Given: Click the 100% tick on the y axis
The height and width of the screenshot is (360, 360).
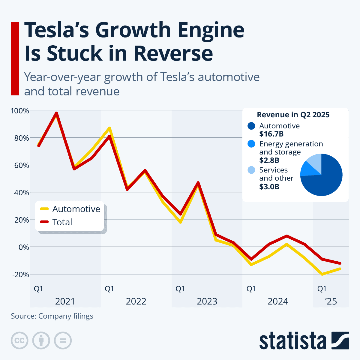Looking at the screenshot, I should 20,111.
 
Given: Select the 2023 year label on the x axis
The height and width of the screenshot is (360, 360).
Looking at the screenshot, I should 207,301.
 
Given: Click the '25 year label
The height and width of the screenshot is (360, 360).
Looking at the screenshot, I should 331,301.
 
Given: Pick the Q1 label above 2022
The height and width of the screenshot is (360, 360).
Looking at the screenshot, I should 109,289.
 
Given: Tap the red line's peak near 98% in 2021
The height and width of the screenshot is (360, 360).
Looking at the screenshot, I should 56,113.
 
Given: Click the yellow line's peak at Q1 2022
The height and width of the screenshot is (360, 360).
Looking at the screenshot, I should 110,128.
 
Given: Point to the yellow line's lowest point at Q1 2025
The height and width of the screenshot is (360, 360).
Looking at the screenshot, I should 322,274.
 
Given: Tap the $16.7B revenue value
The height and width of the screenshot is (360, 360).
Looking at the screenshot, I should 271,134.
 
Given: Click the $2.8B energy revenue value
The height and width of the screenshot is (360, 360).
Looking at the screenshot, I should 269,160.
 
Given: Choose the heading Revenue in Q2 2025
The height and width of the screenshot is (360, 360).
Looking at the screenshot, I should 293,115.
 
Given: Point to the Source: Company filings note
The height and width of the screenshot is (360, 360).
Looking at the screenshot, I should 52,316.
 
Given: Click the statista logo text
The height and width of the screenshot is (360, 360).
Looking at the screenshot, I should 292,341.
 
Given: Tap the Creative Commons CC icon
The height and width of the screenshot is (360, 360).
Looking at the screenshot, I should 19,340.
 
